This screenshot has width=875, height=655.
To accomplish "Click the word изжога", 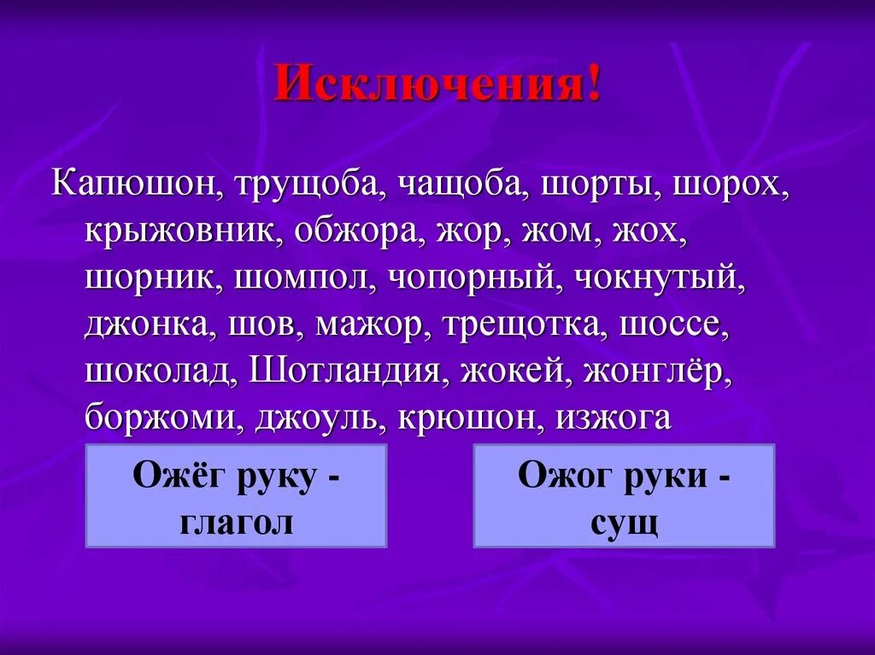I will click(614, 419).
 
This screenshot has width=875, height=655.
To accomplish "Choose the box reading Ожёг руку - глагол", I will click(236, 495).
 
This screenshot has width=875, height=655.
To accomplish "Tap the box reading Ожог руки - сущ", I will click(624, 495).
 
